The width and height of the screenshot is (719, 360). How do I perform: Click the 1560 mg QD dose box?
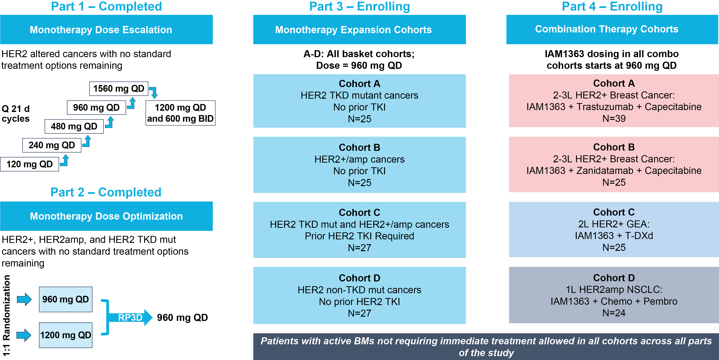pos(119,89)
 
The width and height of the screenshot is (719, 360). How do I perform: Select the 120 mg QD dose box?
pos(30,164)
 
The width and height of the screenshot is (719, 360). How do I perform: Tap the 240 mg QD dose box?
pos(52,145)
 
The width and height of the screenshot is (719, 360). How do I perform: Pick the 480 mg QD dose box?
pos(74,126)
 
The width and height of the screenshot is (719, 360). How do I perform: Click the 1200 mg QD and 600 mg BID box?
pos(180,113)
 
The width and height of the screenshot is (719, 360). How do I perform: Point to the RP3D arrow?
pos(130,318)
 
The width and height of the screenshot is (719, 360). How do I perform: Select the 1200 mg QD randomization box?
pos(66,335)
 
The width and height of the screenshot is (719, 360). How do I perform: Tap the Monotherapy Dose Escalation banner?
pos(106,30)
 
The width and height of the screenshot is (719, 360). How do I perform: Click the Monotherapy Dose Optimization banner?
pos(106,216)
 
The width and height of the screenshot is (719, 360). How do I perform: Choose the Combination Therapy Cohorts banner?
pos(612,29)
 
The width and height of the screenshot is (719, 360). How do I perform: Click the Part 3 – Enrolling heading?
pos(359,6)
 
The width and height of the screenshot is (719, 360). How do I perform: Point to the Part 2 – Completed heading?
pos(106,192)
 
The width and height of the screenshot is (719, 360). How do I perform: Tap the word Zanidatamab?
pos(605,171)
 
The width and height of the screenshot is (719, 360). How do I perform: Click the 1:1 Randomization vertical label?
pos(6,316)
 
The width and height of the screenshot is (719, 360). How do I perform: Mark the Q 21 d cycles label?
pos(16,114)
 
